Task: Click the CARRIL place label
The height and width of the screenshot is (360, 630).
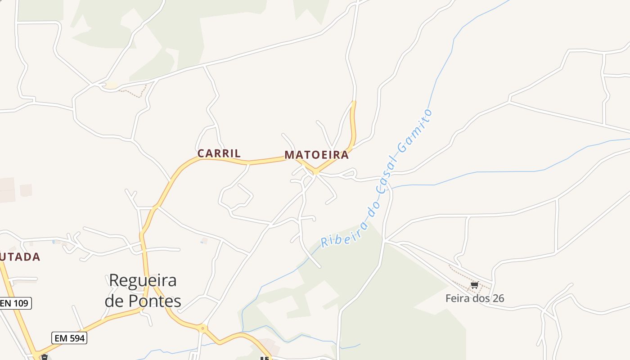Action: pos(219,153)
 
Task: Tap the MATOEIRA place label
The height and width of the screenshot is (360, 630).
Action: pos(316,155)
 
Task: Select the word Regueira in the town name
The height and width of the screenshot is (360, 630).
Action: pos(143,281)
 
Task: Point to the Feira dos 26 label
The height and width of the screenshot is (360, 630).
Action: pos(474,298)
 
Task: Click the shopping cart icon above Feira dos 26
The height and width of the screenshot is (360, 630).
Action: pos(474,285)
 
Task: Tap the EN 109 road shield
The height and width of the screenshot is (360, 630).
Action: pos(15,303)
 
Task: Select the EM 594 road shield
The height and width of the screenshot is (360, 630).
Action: pos(69,338)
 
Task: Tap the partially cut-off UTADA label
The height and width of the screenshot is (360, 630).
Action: pos(20,257)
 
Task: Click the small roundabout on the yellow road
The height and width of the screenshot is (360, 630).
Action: pos(202,328)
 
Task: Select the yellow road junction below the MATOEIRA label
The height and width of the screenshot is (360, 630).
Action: pos(316,171)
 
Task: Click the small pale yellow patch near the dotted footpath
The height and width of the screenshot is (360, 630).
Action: pos(111,85)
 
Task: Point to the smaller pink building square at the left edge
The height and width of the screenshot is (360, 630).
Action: pos(26,190)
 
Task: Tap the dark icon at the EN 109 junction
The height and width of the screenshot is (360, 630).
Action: pos(44,357)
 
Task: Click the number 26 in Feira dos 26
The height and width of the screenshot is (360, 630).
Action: pos(497,298)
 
